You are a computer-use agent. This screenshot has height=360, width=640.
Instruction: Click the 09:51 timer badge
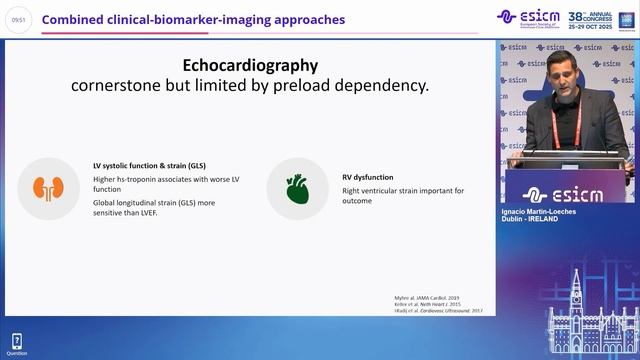click(17, 19)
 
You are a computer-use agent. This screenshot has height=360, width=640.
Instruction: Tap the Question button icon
click(16, 342)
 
